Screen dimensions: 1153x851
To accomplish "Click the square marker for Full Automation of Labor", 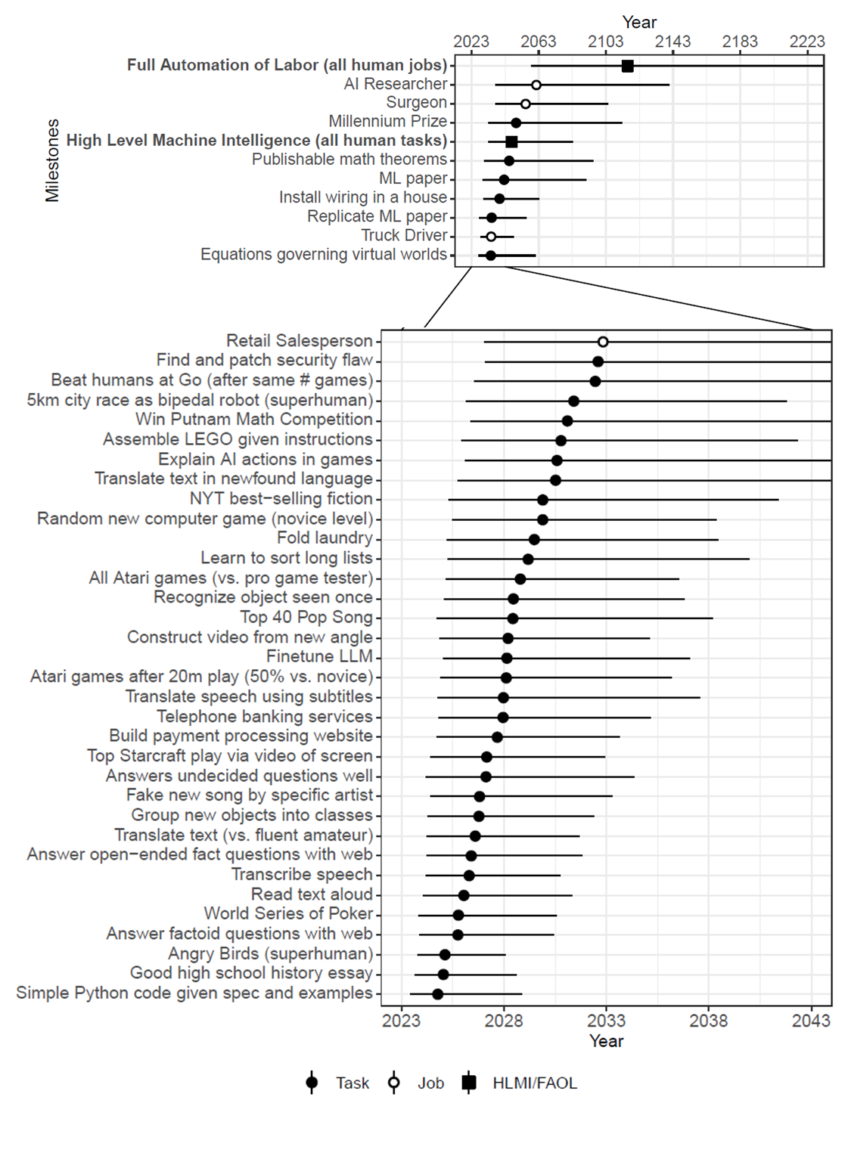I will pos(627,67).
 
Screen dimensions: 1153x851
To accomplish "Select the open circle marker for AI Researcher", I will pos(536,85).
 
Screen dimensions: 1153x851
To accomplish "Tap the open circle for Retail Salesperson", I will pos(603,342).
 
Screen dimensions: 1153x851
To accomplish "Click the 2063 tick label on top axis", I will pos(538,42).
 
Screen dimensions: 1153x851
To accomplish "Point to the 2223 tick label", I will pos(807,42).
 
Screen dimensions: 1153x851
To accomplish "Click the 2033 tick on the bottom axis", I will pos(606,1021).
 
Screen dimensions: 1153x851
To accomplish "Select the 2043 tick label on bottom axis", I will pos(811,1021).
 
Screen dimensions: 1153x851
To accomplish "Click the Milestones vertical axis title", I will pos(51,160).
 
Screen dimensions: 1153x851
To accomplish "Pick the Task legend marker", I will pos(312,1083).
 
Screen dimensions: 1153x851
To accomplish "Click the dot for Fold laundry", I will pos(534,539).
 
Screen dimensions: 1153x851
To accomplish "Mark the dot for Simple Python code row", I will pos(437,994).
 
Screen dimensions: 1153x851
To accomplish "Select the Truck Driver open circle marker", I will pos(490,237).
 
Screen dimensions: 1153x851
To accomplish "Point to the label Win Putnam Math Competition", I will pos(254,420).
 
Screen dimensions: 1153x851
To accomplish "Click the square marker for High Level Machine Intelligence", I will pos(511,141).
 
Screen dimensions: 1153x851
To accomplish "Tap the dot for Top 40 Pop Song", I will pos(512,618).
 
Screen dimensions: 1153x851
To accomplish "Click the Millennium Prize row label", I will pos(387,122).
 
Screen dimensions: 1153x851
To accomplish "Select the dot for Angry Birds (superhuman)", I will pos(445,955).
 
